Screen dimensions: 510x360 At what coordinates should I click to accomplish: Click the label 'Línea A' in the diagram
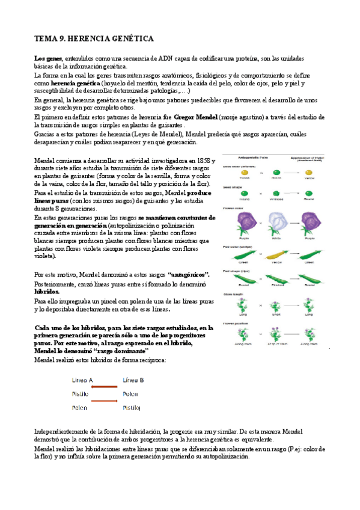(x=82, y=380)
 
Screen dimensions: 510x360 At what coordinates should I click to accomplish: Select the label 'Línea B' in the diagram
(x=133, y=380)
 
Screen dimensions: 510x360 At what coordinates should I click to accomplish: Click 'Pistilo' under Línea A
(x=81, y=393)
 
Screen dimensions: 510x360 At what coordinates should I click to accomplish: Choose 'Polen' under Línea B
(x=130, y=393)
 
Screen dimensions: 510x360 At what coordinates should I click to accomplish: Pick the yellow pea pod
(x=275, y=253)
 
